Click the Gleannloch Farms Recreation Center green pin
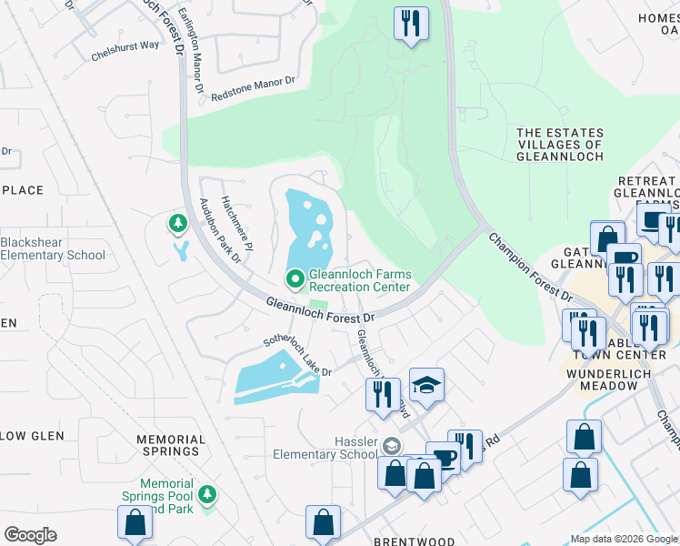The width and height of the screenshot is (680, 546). [x=295, y=278]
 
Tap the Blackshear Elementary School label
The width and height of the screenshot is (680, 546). [x=53, y=248]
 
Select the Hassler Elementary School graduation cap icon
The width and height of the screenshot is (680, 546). [x=391, y=445]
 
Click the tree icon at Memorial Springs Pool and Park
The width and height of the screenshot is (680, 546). [x=208, y=494]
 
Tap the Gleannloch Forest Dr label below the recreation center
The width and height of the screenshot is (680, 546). [x=320, y=309]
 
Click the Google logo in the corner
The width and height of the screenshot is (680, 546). [x=30, y=535]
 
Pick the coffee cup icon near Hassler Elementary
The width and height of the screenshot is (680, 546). [x=444, y=458]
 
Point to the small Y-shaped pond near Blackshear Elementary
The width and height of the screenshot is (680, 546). [x=181, y=249]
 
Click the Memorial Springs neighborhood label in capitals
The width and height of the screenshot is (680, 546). [x=168, y=444]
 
